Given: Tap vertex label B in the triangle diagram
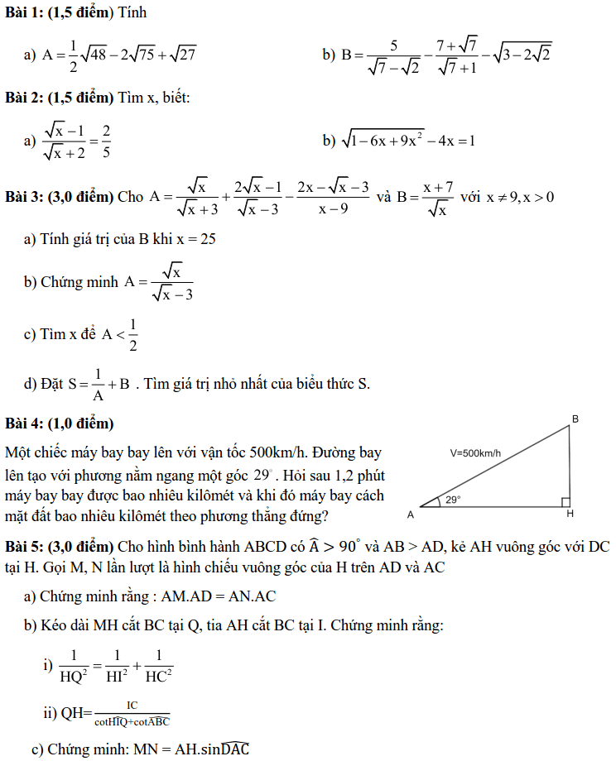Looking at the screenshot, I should (x=575, y=419).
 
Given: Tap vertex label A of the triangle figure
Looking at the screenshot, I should (x=410, y=515).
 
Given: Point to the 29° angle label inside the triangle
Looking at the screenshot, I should (x=453, y=500).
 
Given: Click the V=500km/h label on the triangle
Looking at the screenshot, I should (x=476, y=452).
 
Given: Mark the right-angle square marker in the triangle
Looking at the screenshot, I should (x=565, y=501).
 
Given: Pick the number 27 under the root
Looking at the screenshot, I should (x=187, y=55).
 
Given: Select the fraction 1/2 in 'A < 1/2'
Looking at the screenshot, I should (x=133, y=334).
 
